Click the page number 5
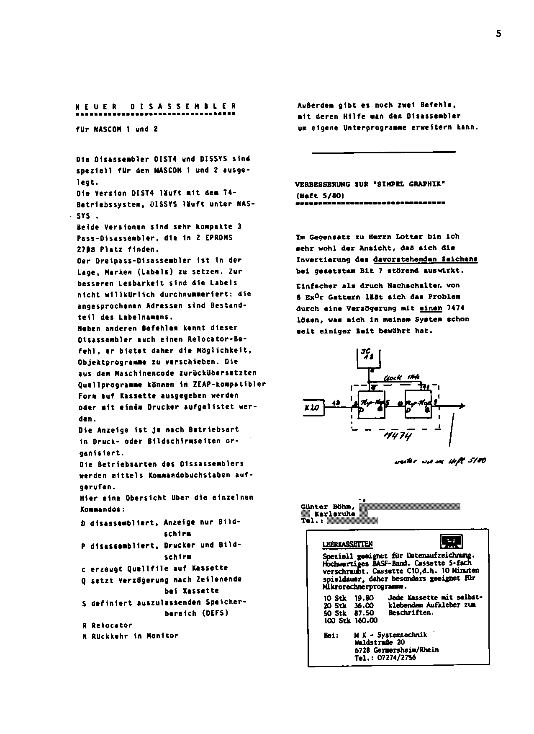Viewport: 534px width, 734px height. pos(498,34)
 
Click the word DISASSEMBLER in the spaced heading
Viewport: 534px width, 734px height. pos(183,106)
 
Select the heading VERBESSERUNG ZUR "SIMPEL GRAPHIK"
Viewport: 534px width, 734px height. pos(370,184)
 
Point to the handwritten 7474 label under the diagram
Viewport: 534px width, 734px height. pos(398,436)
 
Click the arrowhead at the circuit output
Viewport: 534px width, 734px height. pos(462,406)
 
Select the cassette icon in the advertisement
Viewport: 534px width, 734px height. pos(452,541)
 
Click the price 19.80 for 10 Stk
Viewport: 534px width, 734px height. pos(364,598)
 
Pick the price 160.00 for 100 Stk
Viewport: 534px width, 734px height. pos(365,620)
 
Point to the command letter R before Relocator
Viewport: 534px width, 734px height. pos(84,625)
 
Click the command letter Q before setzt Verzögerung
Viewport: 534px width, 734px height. pos(84,580)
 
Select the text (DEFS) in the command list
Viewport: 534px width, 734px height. pos(215,613)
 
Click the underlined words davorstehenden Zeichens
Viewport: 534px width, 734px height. pos(425,259)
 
